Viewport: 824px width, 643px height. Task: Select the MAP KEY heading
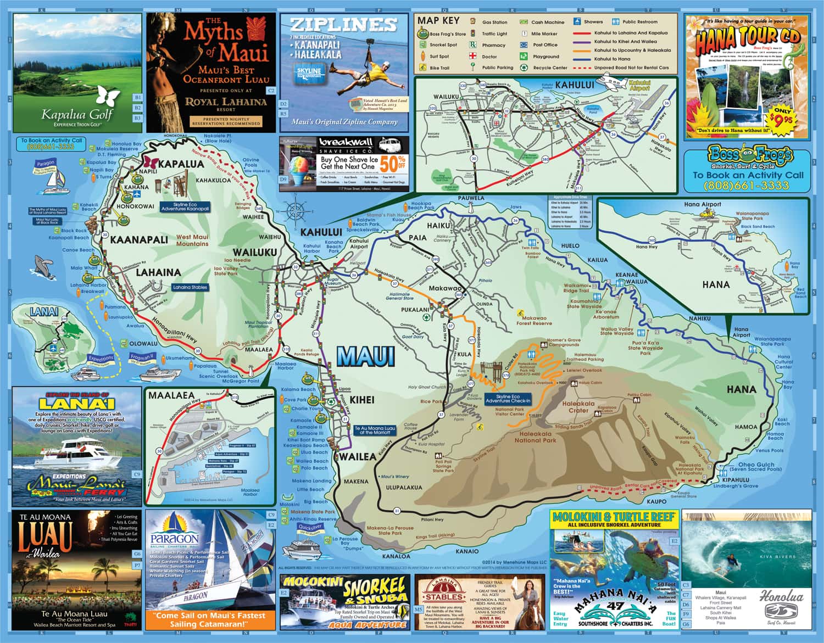point(438,21)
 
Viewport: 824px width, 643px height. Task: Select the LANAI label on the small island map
point(44,312)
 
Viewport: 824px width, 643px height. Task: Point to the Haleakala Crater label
point(578,407)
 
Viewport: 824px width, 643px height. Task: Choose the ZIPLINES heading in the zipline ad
point(343,25)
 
